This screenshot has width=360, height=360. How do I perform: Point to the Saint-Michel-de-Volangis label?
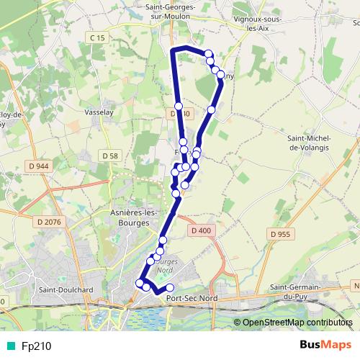[x=308, y=142]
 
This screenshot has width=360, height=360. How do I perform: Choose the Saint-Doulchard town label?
[x=67, y=290]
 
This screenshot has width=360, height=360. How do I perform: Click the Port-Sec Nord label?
[x=192, y=297]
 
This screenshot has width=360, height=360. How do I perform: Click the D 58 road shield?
[x=110, y=156]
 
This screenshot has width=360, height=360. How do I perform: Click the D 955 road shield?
[x=279, y=234]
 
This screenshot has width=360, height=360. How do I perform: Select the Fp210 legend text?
[x=35, y=346]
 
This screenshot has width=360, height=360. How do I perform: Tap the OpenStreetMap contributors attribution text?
[x=297, y=323]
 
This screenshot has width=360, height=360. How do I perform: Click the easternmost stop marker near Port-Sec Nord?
[x=170, y=289]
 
